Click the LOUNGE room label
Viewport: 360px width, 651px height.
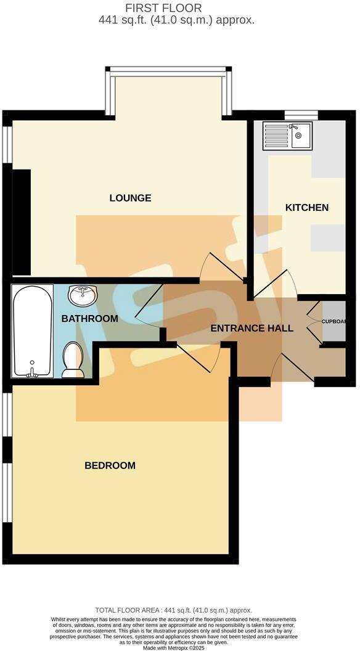point(130,198)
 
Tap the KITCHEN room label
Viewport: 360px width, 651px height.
point(306,208)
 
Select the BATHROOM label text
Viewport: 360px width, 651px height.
point(89,319)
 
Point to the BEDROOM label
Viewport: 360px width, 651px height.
point(110,465)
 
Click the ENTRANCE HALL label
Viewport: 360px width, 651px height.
point(252,328)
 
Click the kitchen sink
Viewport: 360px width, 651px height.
point(288,135)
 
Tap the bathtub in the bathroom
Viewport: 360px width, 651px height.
point(32,330)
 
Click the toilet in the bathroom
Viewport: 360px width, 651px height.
point(73,359)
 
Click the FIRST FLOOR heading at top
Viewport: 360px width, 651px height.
point(176,8)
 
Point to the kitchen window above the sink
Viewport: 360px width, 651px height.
point(301,113)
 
